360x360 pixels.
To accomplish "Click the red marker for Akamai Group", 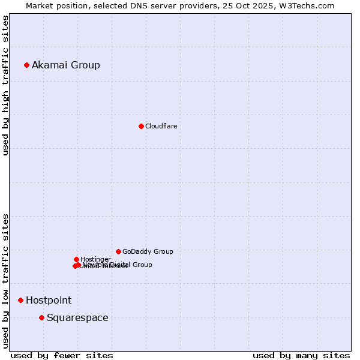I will tap(26, 65).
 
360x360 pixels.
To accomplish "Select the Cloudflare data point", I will tap(141, 126).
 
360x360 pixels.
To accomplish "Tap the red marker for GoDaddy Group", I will tap(118, 251).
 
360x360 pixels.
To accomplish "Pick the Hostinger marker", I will tap(76, 259).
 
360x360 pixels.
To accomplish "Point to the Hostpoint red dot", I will tap(20, 300).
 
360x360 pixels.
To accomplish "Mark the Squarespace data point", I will tap(41, 317).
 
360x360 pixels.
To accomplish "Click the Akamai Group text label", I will tap(66, 65).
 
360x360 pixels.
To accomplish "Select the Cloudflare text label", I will tap(161, 126).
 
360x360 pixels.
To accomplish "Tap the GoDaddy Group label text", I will tap(148, 251).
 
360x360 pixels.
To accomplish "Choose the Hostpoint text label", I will tap(49, 300).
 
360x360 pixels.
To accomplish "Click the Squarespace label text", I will tap(77, 317).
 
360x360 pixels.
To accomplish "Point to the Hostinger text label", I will tap(95, 259).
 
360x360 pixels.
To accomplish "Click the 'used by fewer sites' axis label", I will tap(62, 355).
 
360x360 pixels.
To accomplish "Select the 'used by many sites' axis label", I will tap(301, 355).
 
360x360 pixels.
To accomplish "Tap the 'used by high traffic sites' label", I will tap(5, 85).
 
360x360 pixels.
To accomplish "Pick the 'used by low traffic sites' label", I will tap(5, 280).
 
